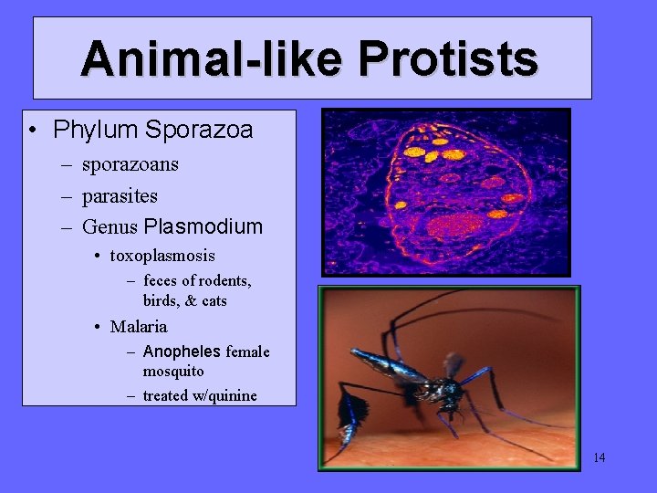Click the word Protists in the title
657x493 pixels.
click(x=447, y=58)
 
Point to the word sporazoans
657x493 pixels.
click(x=130, y=165)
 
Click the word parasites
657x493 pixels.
click(x=120, y=196)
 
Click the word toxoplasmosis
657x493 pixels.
click(x=162, y=256)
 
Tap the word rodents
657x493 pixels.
click(x=223, y=281)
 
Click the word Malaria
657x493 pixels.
click(x=139, y=327)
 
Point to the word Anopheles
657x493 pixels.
click(x=182, y=351)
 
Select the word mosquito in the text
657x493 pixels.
click(x=172, y=372)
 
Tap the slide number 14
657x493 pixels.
click(x=599, y=457)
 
